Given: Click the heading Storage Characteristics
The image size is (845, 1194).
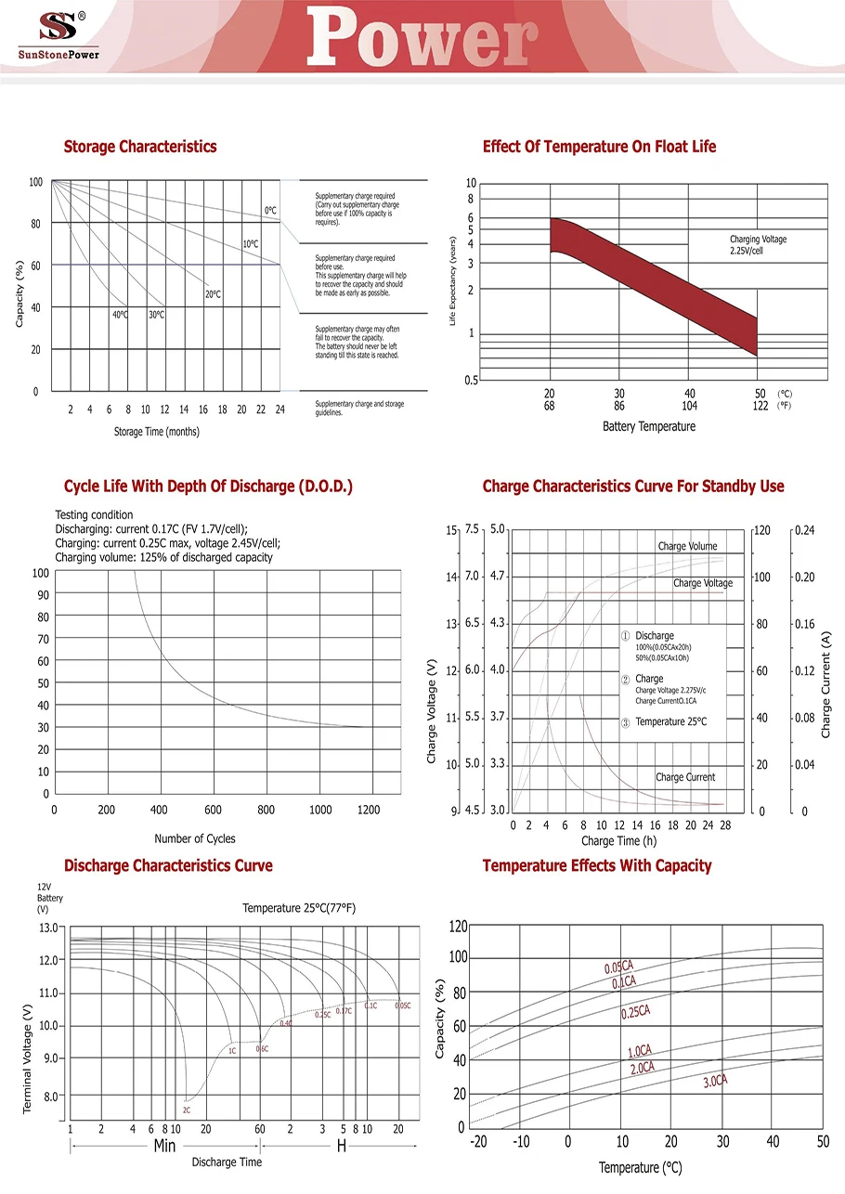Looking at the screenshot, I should [140, 147].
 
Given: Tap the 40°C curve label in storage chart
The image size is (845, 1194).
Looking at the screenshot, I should [121, 315].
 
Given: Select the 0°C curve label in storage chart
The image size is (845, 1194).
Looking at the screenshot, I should [270, 211].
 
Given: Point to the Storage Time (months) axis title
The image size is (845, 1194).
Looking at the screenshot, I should [156, 432].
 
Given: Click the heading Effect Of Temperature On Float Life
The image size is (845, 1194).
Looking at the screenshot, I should [599, 147].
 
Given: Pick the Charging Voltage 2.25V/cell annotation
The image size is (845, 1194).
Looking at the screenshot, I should [758, 245].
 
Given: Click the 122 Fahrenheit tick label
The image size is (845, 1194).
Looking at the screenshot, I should [760, 406].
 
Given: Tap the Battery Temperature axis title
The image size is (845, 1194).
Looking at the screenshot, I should [648, 426].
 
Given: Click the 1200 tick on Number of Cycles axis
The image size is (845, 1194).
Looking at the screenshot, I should [369, 810].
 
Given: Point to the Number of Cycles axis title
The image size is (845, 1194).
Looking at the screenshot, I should [195, 838].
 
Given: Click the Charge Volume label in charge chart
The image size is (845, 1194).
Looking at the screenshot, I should [687, 546].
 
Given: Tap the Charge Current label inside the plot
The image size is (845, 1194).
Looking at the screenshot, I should [685, 777].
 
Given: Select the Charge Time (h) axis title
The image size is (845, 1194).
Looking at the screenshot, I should [618, 840].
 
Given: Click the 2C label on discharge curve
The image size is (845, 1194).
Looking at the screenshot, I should [187, 1110].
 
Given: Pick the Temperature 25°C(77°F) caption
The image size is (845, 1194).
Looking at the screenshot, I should [299, 907].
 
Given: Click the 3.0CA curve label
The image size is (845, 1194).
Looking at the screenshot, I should [714, 1081].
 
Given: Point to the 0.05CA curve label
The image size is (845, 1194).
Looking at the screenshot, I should [619, 967].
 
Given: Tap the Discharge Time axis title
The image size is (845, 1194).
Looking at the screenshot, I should [227, 1162].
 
